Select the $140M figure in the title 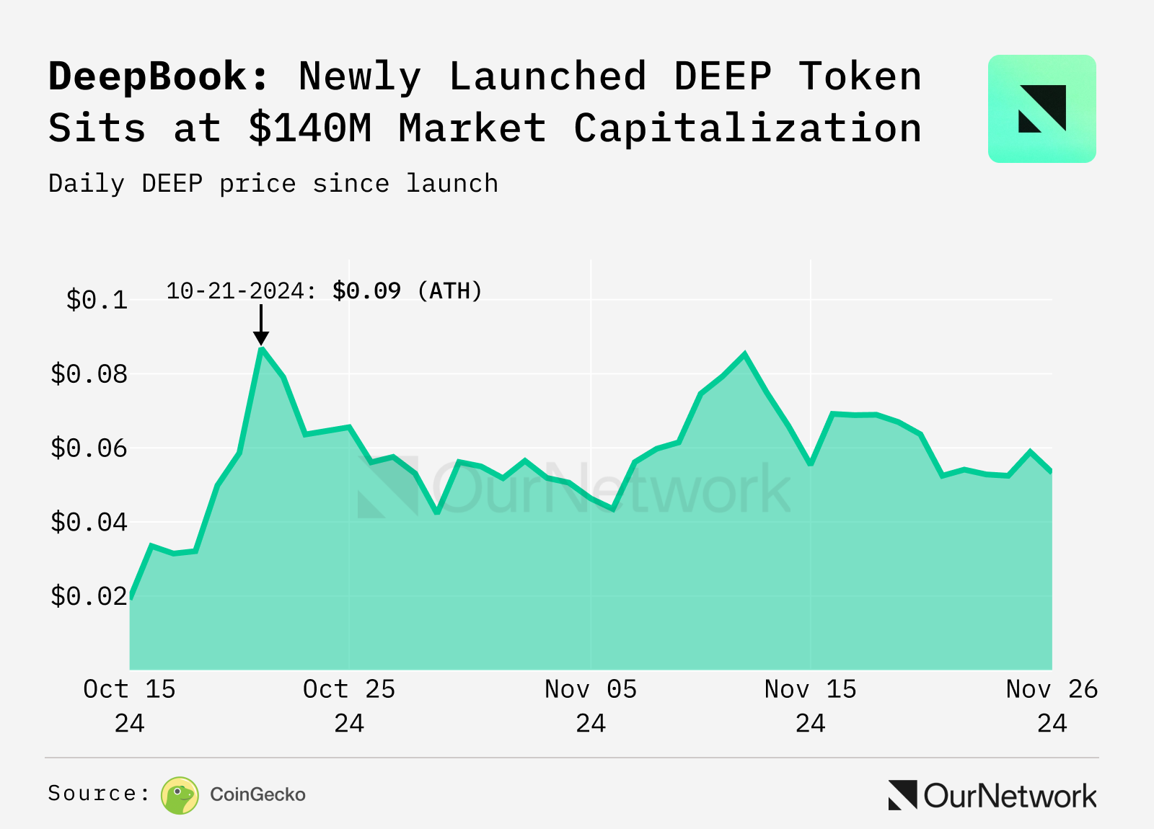pyautogui.click(x=310, y=128)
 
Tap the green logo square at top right pyautogui.click(x=1041, y=109)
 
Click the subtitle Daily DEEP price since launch pyautogui.click(x=273, y=184)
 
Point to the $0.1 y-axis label pyautogui.click(x=97, y=300)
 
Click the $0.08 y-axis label pyautogui.click(x=89, y=374)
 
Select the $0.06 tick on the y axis pyautogui.click(x=89, y=448)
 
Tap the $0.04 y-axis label pyautogui.click(x=89, y=522)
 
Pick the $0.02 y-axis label pyautogui.click(x=89, y=596)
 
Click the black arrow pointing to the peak pyautogui.click(x=261, y=324)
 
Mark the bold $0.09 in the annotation pyautogui.click(x=366, y=291)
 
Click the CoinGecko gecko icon pyautogui.click(x=180, y=795)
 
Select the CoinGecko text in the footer pyautogui.click(x=257, y=794)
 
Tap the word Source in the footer pyautogui.click(x=92, y=794)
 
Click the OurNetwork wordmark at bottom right pyautogui.click(x=1010, y=796)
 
